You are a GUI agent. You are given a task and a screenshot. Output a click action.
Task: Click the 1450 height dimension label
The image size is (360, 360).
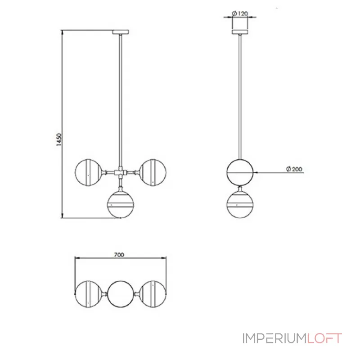coord(58,140)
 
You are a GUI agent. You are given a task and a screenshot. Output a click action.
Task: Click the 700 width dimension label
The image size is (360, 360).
coord(119,255)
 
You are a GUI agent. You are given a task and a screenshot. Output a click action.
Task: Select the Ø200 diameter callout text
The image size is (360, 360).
coord(294,170)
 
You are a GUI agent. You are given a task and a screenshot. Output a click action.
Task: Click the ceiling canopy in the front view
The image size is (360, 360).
coord(121,32)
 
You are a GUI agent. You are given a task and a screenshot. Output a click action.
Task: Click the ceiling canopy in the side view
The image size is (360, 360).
coord(240,32)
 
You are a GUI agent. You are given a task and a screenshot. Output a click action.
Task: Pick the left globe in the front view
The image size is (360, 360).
coord(88,172)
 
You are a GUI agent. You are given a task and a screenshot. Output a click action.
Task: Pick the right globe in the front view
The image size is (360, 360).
coord(153,172)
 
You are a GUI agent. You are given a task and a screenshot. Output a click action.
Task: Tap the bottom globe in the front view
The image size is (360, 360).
coord(121,203)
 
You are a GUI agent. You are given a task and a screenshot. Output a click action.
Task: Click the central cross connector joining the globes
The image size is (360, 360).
coord(121,172)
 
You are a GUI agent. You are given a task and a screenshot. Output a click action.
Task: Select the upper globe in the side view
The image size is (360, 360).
coord(240,172)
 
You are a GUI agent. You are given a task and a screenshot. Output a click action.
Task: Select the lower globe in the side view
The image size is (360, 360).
coord(240,203)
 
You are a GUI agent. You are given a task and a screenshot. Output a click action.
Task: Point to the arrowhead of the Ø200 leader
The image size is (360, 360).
coord(256,172)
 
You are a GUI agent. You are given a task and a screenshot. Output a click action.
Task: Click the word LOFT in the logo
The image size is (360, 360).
coord(325,338)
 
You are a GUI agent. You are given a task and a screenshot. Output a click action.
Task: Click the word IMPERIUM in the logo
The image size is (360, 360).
coord(274,338)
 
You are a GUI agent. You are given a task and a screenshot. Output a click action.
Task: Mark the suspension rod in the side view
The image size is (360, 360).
coord(240,94)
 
